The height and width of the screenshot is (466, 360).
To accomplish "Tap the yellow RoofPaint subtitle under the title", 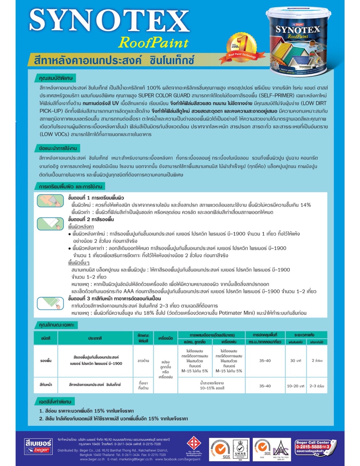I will coord(153,43).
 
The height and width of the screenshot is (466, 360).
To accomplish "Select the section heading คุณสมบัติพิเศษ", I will coord(58,78).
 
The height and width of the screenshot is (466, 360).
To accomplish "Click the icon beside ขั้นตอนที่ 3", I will coord(50,303).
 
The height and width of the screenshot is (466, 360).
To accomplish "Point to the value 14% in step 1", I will coord(305,205).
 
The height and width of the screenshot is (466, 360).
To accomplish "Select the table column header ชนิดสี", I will coord(46,338).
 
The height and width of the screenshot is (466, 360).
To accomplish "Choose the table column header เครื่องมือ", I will coord(165,338).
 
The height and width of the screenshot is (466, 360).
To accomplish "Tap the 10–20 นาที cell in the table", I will coord(295,386).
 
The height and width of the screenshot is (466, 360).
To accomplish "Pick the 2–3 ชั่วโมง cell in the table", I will coord(317,386).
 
